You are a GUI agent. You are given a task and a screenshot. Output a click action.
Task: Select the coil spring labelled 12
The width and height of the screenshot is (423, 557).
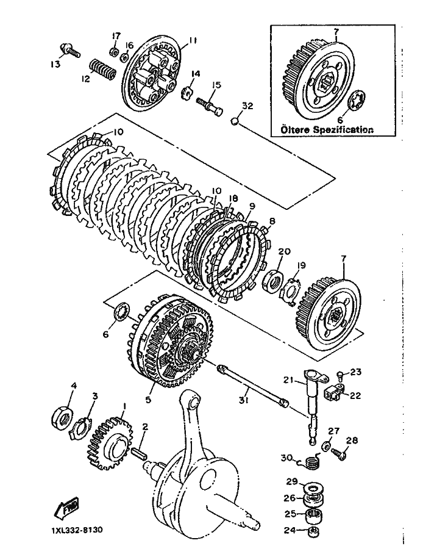[101, 69]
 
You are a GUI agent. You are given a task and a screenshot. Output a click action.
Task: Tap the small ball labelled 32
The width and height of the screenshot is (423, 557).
[234, 121]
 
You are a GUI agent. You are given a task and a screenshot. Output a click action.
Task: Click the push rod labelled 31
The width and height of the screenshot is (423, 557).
[252, 386]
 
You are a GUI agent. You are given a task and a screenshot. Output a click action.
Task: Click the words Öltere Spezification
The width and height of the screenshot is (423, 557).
[327, 129]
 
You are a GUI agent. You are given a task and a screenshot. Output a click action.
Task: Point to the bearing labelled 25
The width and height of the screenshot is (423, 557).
[313, 515]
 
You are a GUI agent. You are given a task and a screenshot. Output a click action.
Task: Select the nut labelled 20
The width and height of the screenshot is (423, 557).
[273, 281]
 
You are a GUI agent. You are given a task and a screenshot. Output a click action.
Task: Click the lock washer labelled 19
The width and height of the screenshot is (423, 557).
[290, 290]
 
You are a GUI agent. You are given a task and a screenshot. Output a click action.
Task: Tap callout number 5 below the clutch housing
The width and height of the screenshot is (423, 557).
[148, 399]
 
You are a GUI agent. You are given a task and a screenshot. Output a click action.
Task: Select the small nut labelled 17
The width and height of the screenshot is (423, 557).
[115, 51]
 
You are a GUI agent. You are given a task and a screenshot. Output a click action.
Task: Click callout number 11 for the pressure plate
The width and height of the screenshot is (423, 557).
[192, 40]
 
